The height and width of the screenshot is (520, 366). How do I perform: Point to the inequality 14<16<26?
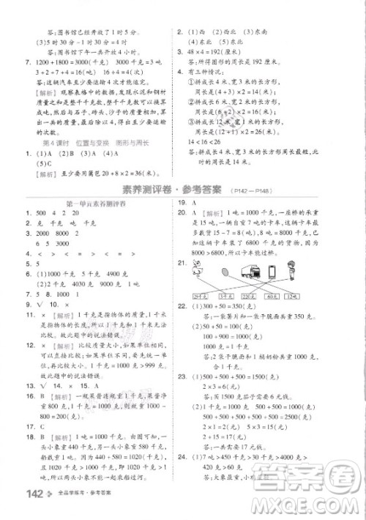[209, 138]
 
